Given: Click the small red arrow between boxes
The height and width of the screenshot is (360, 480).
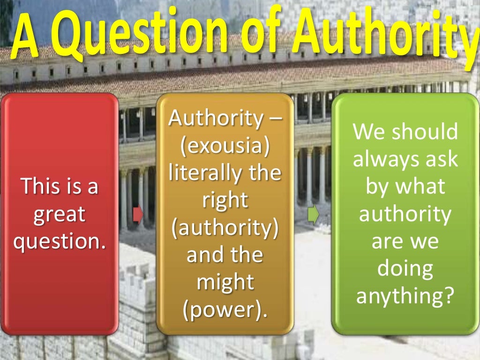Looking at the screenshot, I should [137, 214].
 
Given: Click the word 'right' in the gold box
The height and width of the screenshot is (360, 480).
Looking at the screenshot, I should [225, 201].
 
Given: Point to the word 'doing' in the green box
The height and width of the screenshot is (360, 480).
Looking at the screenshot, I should [405, 270].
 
